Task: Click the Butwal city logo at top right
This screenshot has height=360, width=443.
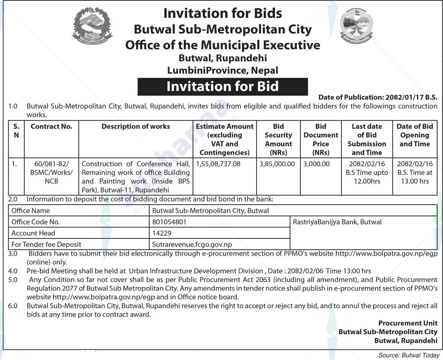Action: pyautogui.click(x=357, y=27)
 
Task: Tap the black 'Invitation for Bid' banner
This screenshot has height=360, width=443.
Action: pyautogui.click(x=222, y=87)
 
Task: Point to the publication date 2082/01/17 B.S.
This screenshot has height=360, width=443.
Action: pyautogui.click(x=411, y=97)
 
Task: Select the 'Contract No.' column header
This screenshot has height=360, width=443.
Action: pyautogui.click(x=51, y=127)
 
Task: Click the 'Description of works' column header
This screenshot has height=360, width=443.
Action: pyautogui.click(x=135, y=127)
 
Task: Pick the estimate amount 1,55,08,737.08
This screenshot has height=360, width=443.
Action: pyautogui.click(x=218, y=164)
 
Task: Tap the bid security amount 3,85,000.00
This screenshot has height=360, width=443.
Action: pyautogui.click(x=278, y=164)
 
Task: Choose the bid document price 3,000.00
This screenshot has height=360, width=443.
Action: pyautogui.click(x=317, y=164)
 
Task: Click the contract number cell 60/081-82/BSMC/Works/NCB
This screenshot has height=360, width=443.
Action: pyautogui.click(x=51, y=173)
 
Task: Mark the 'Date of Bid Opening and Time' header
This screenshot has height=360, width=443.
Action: pyautogui.click(x=414, y=135)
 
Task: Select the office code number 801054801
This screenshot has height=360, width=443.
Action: pyautogui.click(x=169, y=222)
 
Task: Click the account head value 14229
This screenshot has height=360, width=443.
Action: pyautogui.click(x=162, y=233)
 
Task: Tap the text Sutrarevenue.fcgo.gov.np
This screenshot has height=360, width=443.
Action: pyautogui.click(x=192, y=244)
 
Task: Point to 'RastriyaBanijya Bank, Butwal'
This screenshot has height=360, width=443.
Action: pyautogui.click(x=337, y=222)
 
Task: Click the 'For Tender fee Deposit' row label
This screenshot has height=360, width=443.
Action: pyautogui.click(x=46, y=244)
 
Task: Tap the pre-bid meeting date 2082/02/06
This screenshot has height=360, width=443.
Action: pyautogui.click(x=306, y=271)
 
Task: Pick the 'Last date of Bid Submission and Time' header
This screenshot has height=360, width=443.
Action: pyautogui.click(x=366, y=139)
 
